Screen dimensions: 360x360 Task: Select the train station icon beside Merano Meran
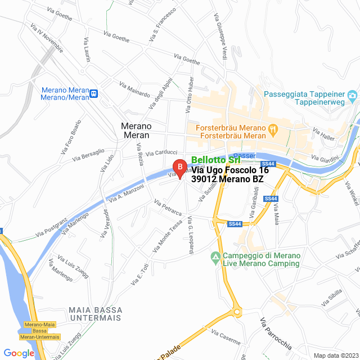click(x=94, y=94)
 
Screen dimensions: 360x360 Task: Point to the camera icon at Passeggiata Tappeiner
click(x=352, y=94)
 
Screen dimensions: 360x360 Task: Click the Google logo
click(x=18, y=353)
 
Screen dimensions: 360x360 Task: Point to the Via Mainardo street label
click(x=134, y=89)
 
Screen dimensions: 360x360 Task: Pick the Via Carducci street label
click(x=161, y=153)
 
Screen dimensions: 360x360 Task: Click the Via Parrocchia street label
click(x=275, y=335)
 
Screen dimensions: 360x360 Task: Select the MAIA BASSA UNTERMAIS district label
click(x=94, y=314)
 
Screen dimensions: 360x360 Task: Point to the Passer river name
click(x=244, y=155)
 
